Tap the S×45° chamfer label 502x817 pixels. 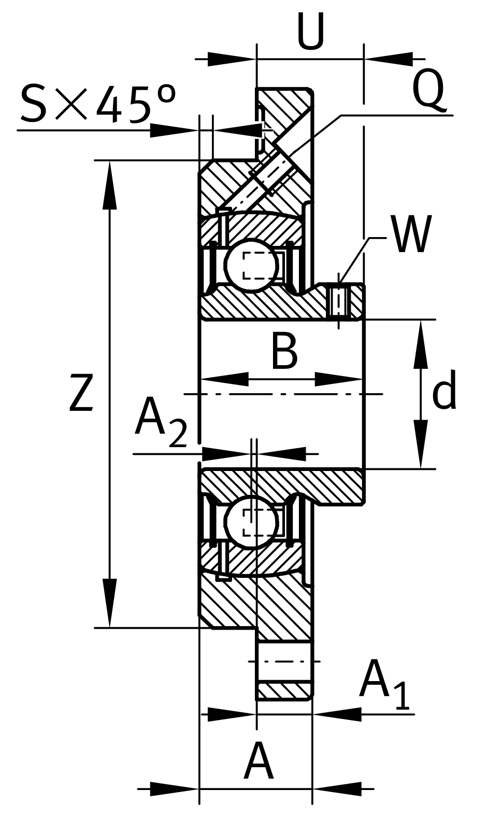point(97,104)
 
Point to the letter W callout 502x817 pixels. point(411,234)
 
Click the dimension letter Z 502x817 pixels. point(81,394)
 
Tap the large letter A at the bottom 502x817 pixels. point(259,761)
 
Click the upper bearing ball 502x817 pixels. point(251,265)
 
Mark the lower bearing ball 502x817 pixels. point(251,521)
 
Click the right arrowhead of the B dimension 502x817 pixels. point(339,379)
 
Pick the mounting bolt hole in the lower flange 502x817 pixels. point(284,661)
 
